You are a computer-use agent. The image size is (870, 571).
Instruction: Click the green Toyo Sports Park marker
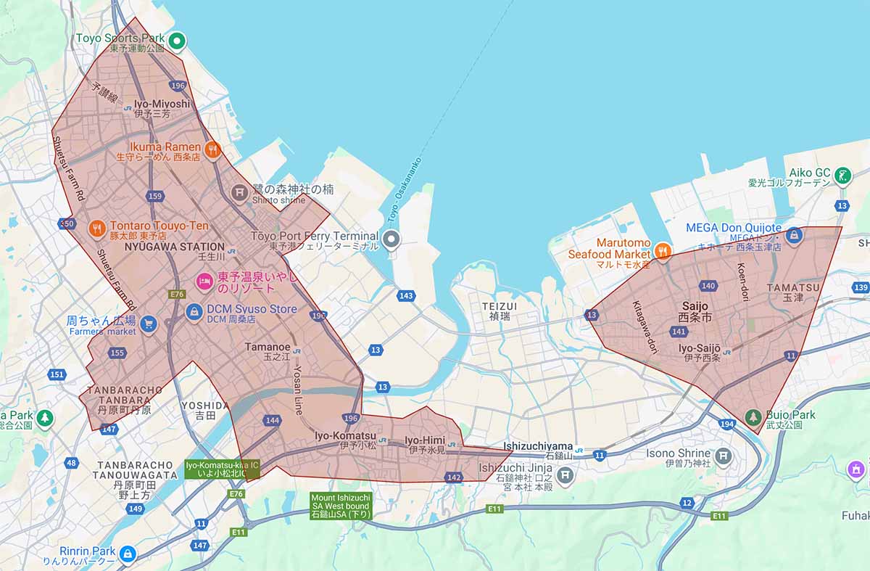176,41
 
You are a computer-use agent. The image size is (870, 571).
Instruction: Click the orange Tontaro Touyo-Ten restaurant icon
96,229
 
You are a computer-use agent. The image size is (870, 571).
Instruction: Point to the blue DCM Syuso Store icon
194,312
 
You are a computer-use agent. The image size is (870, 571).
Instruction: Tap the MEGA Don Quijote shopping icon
795,234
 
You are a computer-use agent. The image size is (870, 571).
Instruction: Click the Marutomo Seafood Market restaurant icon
662,251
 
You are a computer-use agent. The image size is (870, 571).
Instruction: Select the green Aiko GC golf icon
842,175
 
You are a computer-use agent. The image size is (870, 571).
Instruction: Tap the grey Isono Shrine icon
723,456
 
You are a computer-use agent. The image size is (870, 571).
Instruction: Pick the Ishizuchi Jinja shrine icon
565,475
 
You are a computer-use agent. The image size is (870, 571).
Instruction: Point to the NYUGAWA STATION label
174,247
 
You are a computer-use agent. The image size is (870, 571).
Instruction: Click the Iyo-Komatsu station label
345,435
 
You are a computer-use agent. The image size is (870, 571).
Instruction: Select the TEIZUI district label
500,307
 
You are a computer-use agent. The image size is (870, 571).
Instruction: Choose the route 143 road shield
406,295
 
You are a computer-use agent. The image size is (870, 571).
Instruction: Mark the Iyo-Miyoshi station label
162,104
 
